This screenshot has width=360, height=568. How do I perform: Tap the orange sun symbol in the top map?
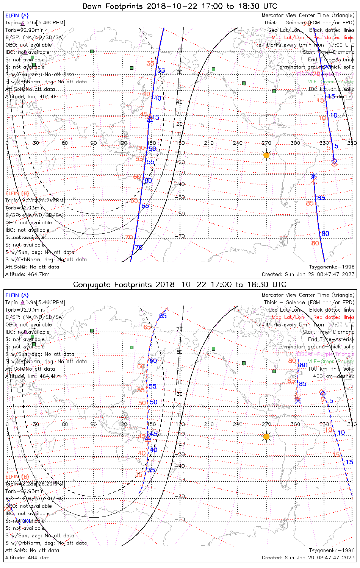click(266, 155)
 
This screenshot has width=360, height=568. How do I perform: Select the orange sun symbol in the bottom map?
click(266, 437)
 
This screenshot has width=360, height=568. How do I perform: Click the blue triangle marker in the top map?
click(150, 119)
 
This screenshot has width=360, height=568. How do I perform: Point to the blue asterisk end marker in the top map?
click(313, 176)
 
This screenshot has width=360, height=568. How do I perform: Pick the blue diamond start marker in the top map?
click(334, 161)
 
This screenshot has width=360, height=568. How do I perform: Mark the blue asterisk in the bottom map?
click(298, 400)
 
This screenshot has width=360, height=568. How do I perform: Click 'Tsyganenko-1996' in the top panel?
click(332, 267)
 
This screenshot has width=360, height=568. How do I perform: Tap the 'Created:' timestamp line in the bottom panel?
click(308, 557)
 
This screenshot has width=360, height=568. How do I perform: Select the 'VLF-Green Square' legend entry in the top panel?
click(331, 82)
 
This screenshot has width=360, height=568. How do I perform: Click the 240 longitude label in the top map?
click(238, 143)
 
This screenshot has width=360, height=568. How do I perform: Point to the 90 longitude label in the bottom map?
click(93, 424)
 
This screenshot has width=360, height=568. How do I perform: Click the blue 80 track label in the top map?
click(325, 234)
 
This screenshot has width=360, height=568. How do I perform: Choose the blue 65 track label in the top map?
click(145, 206)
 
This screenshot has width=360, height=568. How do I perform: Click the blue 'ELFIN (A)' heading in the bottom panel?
click(17, 295)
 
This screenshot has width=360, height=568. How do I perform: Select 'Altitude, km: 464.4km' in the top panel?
click(33, 97)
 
